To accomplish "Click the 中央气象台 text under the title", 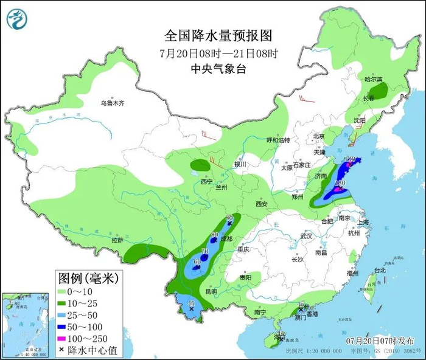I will pyautogui.click(x=214, y=69).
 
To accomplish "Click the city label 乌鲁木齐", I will pyautogui.click(x=113, y=103).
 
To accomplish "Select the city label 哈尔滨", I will pyautogui.click(x=373, y=80).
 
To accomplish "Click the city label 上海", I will pyautogui.click(x=364, y=223).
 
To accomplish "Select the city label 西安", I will pyautogui.click(x=262, y=204).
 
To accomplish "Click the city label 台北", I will pyautogui.click(x=380, y=270).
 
